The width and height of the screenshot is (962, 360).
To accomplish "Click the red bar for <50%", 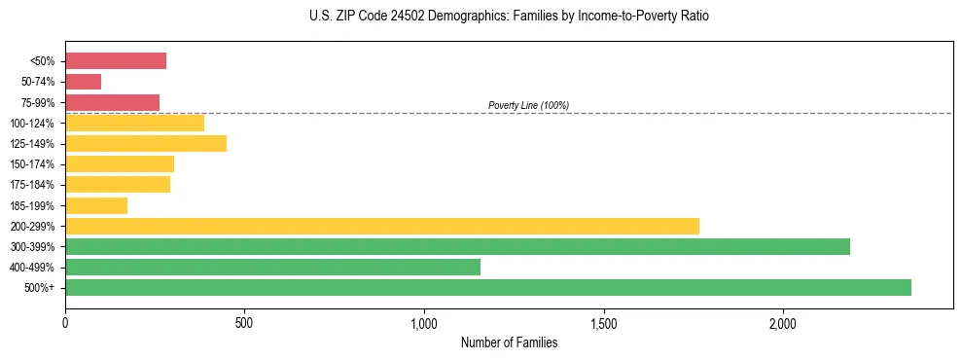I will coord(116,61).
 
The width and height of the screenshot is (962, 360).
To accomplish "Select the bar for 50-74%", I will coord(83,82).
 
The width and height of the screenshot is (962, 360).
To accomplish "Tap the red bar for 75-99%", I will coord(112,102).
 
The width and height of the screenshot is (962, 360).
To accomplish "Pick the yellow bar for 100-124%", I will coord(134,123).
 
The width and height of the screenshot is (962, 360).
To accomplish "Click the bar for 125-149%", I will coord(146,143).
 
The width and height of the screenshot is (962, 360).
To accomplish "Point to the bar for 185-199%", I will coord(96,205).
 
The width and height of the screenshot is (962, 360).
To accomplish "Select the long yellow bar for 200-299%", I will coord(381,226).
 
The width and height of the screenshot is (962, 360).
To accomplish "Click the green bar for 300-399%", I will coord(457,246).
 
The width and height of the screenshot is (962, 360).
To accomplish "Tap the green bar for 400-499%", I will coord(272,267).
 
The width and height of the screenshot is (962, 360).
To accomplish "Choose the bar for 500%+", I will coord(487,287).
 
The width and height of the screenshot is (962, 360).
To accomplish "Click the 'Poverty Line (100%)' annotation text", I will coord(528,105).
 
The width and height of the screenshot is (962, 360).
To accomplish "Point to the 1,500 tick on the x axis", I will coord(604,322).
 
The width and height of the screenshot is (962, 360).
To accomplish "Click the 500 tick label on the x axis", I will coord(244,322).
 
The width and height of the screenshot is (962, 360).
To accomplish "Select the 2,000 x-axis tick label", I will coord(783,322).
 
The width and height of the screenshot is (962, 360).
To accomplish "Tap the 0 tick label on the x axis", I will coord(65,322).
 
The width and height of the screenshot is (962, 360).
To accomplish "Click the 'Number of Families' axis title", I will coord(509,342).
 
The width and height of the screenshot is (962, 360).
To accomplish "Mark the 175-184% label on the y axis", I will coord(32,185).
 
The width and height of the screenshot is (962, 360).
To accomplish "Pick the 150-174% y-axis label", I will coord(32,164).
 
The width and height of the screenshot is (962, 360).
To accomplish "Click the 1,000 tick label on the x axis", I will coord(424,322).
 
